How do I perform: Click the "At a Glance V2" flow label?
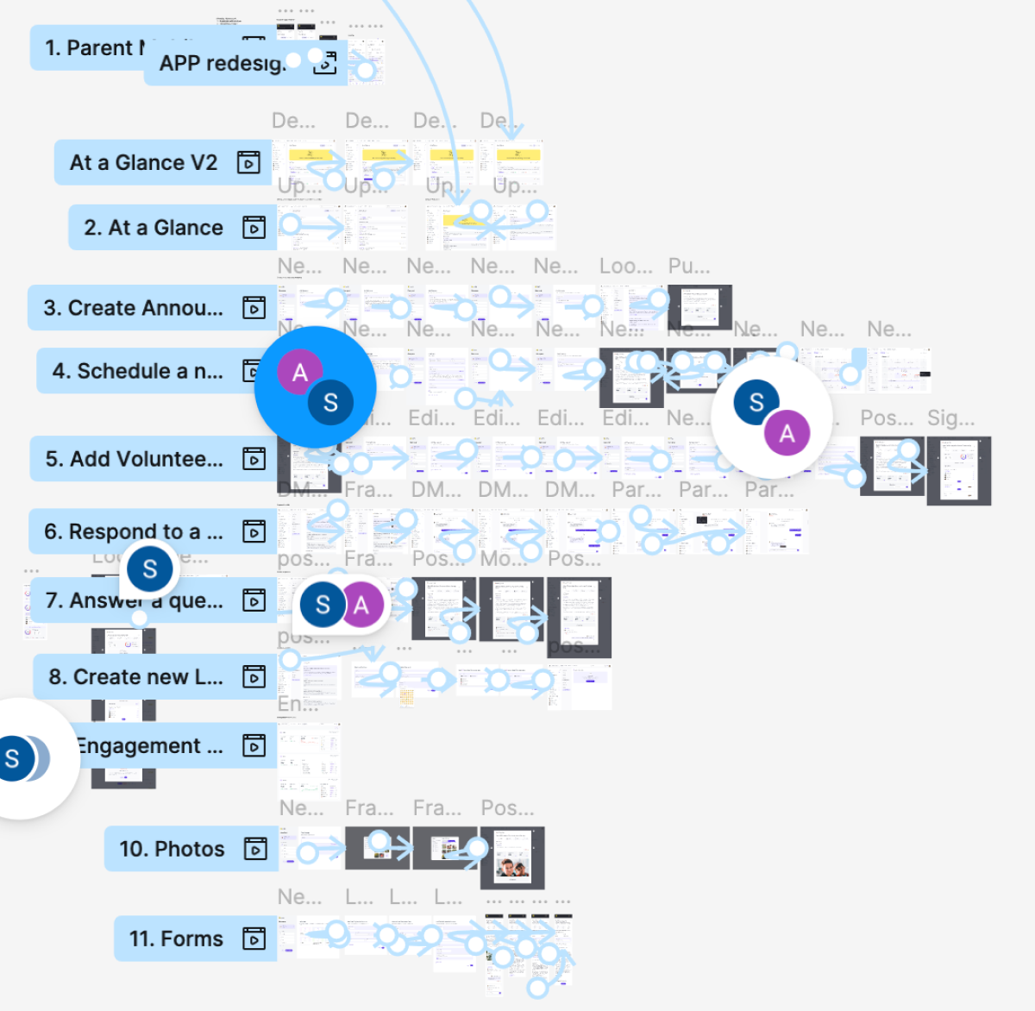143,163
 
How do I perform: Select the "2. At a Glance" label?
154,228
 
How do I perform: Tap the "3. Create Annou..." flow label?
133,308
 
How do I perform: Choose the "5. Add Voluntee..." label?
134,459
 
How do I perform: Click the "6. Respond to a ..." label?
134,531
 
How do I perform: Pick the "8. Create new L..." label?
135,677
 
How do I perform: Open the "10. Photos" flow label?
172,849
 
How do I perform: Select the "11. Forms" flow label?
176,939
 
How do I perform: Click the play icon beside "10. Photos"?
255,849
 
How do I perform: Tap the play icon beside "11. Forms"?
254,939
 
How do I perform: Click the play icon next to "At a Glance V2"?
248,162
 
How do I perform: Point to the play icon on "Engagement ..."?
254,745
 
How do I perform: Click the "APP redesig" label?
222,64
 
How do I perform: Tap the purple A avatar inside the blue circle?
299,373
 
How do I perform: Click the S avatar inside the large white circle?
756,402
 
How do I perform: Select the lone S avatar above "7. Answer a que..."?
150,569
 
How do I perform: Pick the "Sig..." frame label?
950,418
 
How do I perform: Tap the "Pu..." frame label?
689,267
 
